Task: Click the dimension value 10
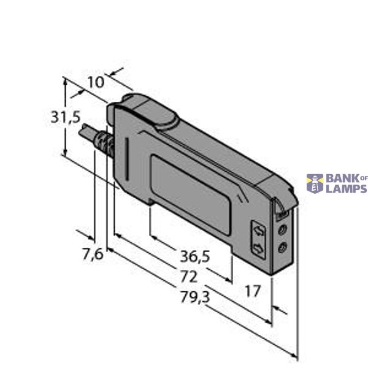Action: (96, 82)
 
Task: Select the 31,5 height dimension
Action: (65, 117)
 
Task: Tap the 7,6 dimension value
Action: (92, 253)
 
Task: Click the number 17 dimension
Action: (253, 290)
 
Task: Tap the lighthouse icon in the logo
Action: (315, 183)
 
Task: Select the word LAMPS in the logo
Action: (346, 188)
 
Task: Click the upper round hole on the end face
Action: (283, 229)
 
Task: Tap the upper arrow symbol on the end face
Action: (260, 231)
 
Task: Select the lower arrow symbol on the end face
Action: (260, 247)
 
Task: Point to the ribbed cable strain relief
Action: (105, 146)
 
